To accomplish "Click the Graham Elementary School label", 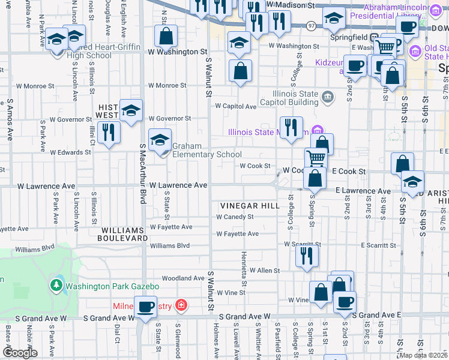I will click(x=207, y=150).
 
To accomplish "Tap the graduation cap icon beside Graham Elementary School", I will click(x=160, y=141).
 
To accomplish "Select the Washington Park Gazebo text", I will click(x=112, y=286).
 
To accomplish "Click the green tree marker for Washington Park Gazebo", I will click(x=56, y=284).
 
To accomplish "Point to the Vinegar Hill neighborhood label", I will click(x=250, y=205).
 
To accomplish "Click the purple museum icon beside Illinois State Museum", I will click(x=318, y=131).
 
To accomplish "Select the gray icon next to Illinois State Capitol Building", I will click(x=327, y=96).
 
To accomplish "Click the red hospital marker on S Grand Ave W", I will click(x=179, y=306).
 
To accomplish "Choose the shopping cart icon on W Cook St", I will click(x=316, y=159).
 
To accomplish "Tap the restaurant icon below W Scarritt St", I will click(x=307, y=256).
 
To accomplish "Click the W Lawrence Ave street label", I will click(x=178, y=185).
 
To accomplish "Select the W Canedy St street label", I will click(x=235, y=217).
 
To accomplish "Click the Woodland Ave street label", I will click(x=183, y=278).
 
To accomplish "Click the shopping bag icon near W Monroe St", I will click(x=240, y=71).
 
